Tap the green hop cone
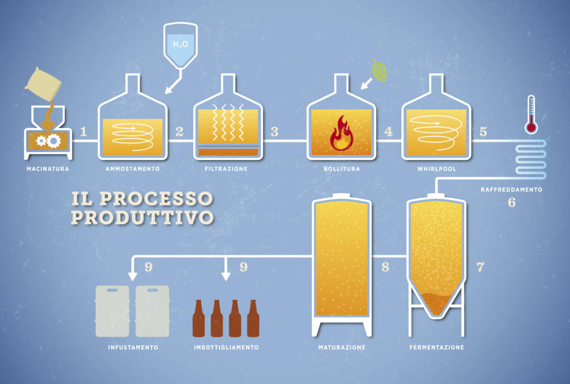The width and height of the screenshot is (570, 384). tap(380, 71)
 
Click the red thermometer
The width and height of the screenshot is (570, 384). tap(531, 114)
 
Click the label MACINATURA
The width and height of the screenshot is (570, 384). tap(47, 168)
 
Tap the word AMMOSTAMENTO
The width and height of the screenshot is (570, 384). tap(132, 168)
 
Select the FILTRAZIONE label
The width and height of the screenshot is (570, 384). tap(227, 168)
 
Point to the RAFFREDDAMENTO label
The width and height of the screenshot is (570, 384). tap(512, 190)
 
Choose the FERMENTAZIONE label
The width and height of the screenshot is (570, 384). tap(436, 348)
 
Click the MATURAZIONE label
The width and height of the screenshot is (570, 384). tap(342, 348)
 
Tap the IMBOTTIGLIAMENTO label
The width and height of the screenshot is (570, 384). tap(226, 348)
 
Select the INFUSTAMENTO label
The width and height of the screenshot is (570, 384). tap(133, 348)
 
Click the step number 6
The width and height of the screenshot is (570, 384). tap(512, 203)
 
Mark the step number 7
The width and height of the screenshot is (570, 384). tap(480, 267)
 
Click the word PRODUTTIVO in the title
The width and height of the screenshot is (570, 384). tap(142, 217)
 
